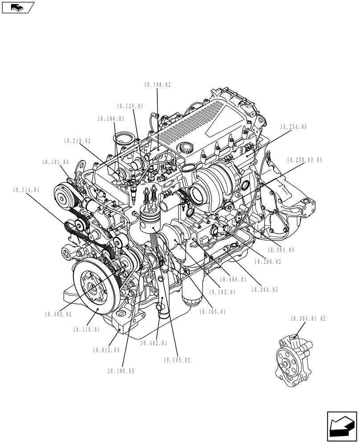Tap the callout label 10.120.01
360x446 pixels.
[130, 106]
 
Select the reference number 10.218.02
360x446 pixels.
[77, 140]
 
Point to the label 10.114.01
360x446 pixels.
[27, 190]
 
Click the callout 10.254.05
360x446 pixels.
[294, 127]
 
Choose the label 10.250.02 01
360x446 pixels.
[304, 159]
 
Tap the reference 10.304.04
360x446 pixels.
[281, 250]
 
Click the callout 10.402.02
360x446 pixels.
[58, 314]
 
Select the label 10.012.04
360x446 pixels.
[106, 350]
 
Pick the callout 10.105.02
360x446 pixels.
[177, 360]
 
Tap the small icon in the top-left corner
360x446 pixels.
[18, 7]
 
